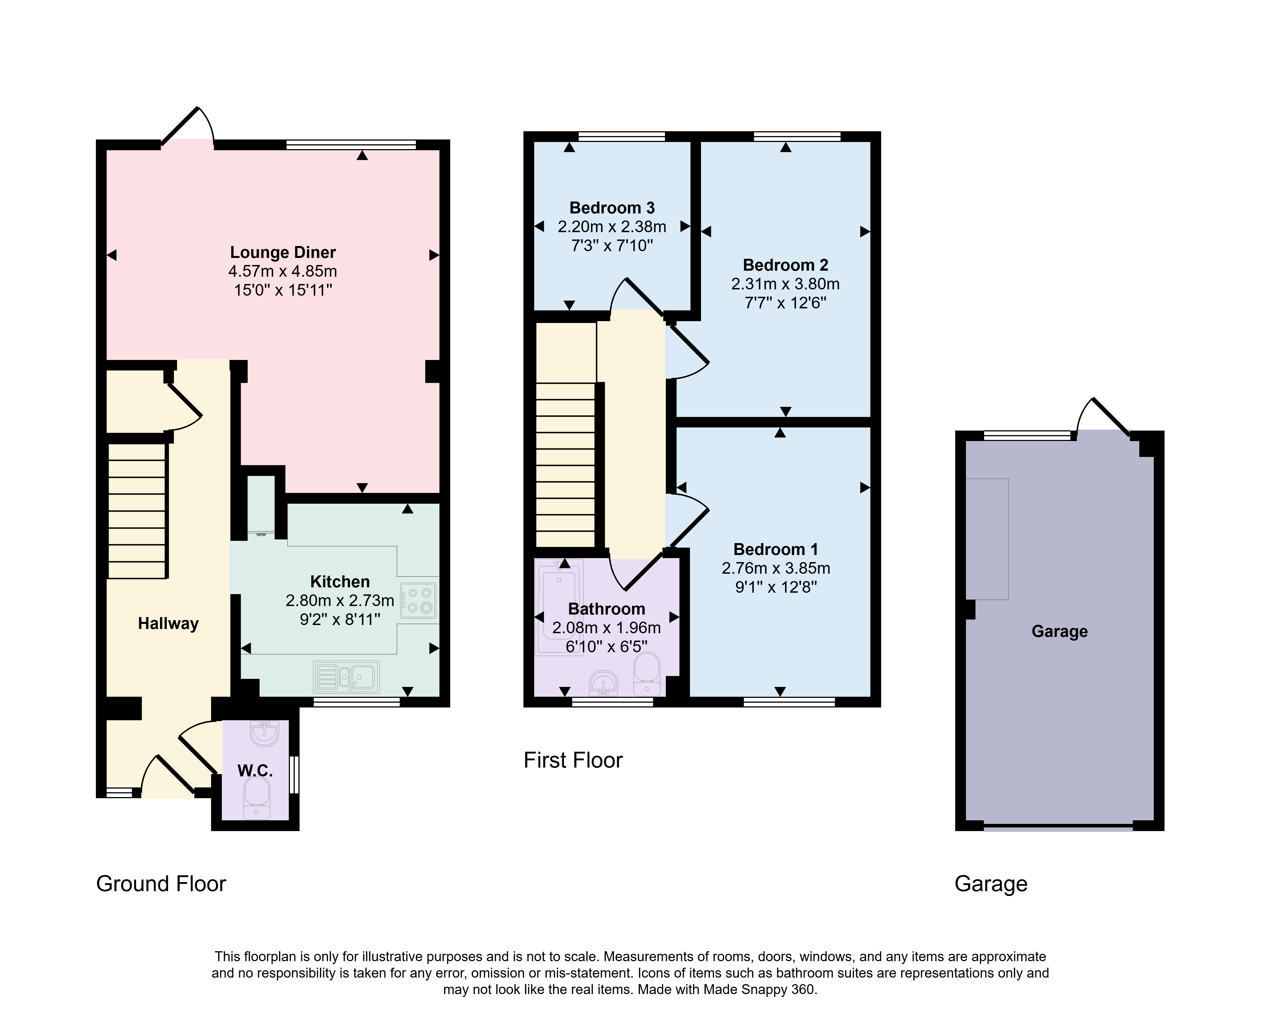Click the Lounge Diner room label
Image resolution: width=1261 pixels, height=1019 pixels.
pos(283,252)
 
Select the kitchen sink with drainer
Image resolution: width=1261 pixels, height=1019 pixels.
pos(346,677)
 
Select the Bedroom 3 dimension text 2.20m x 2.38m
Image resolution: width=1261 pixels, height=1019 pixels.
pos(612,226)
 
